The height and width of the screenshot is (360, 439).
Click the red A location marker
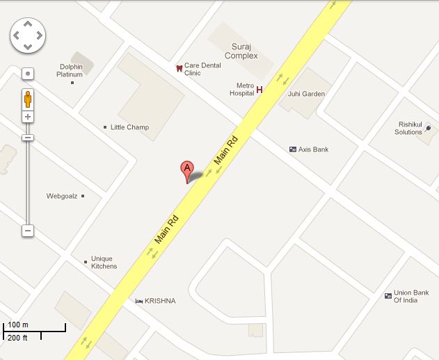(x=186, y=170)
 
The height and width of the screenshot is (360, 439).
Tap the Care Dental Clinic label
(x=202, y=69)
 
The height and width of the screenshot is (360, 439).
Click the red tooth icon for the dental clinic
(x=179, y=68)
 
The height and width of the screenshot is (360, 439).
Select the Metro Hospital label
(x=241, y=89)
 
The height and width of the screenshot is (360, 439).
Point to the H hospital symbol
(x=260, y=90)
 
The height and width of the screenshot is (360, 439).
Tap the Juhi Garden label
(x=305, y=94)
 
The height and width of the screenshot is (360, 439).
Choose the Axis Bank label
(x=314, y=149)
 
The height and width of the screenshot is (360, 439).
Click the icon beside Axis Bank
(x=293, y=149)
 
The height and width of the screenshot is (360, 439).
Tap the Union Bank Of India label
(x=411, y=296)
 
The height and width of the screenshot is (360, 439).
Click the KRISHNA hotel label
(x=160, y=301)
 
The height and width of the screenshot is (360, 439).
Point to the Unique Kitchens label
(x=104, y=263)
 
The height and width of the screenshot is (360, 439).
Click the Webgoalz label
(x=62, y=196)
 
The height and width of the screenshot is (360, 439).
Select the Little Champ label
(x=129, y=127)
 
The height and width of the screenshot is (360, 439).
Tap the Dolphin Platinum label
(x=71, y=70)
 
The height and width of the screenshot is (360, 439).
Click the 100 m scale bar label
(x=17, y=325)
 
